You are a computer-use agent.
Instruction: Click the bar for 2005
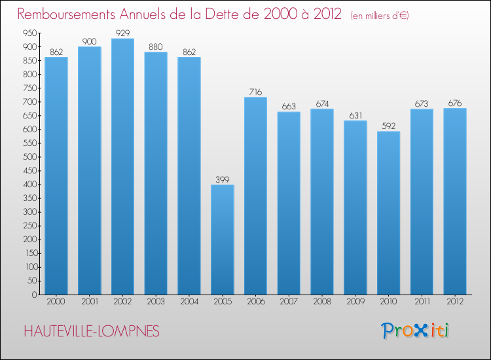coord(223,240)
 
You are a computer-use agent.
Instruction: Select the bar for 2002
coord(122,166)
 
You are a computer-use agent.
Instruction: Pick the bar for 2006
coord(255,196)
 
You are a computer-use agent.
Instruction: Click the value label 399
coord(223,179)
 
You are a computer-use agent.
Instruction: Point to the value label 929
coord(122,33)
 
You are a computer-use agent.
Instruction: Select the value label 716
coord(255,92)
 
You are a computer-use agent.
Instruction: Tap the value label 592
coord(388,126)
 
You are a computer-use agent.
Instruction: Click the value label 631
coord(355,115)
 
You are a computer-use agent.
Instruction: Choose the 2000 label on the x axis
coord(56,303)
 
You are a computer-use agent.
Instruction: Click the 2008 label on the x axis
coord(322,303)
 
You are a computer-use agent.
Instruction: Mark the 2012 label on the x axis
coord(455,303)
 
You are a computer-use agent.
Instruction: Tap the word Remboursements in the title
coord(67,14)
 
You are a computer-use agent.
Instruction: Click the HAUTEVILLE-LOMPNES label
coord(91,332)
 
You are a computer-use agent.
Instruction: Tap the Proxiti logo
coord(415,331)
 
